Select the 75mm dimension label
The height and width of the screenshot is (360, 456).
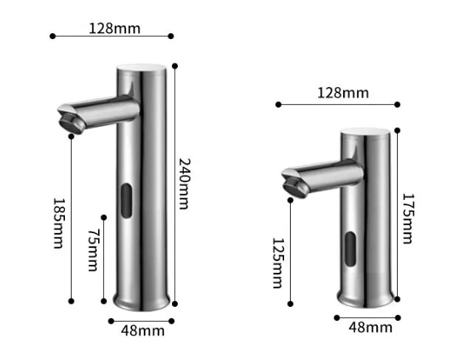tap(92, 250)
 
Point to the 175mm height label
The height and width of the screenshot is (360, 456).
tap(408, 218)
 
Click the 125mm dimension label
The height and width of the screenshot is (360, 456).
tap(277, 263)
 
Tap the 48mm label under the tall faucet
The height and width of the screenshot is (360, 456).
tap(143, 330)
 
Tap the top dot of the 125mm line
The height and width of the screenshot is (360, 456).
tap(291, 198)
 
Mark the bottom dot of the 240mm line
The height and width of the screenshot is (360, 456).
tap(176, 301)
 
